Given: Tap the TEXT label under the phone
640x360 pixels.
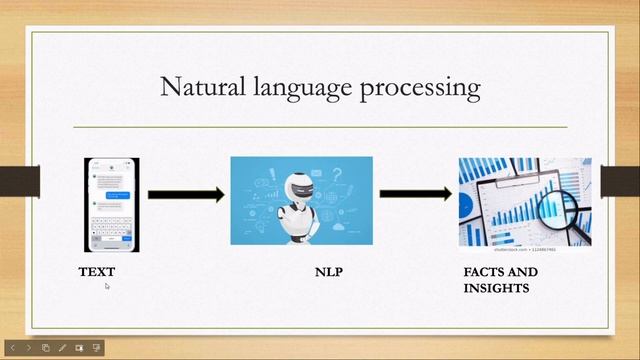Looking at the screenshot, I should pos(97,272).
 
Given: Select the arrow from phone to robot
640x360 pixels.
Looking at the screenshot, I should pos(185,195).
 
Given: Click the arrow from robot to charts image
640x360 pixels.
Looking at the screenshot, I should pos(415,194).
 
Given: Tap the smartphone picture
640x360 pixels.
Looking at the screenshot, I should pos(111,204).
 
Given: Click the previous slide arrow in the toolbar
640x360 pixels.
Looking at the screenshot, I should pos(13,348).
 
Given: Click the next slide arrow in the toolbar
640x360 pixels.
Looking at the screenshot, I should pos(29,348).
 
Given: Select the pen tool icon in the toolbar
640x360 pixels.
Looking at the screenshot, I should pos(62,348).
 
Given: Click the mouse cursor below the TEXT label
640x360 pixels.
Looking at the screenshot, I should pos(107,286).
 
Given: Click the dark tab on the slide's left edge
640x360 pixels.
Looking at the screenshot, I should pos(19,181).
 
